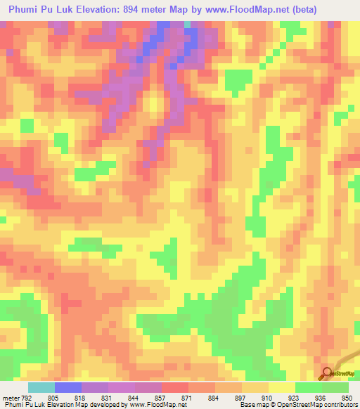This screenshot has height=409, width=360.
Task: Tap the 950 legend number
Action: pyautogui.click(x=347, y=398)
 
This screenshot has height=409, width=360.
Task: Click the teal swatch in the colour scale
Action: pyautogui.click(x=41, y=387)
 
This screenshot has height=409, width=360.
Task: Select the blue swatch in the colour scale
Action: pyautogui.click(x=67, y=387)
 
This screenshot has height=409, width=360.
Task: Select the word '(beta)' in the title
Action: pyautogui.click(x=302, y=10)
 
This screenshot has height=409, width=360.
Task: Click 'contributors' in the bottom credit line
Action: pyautogui.click(x=337, y=405)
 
